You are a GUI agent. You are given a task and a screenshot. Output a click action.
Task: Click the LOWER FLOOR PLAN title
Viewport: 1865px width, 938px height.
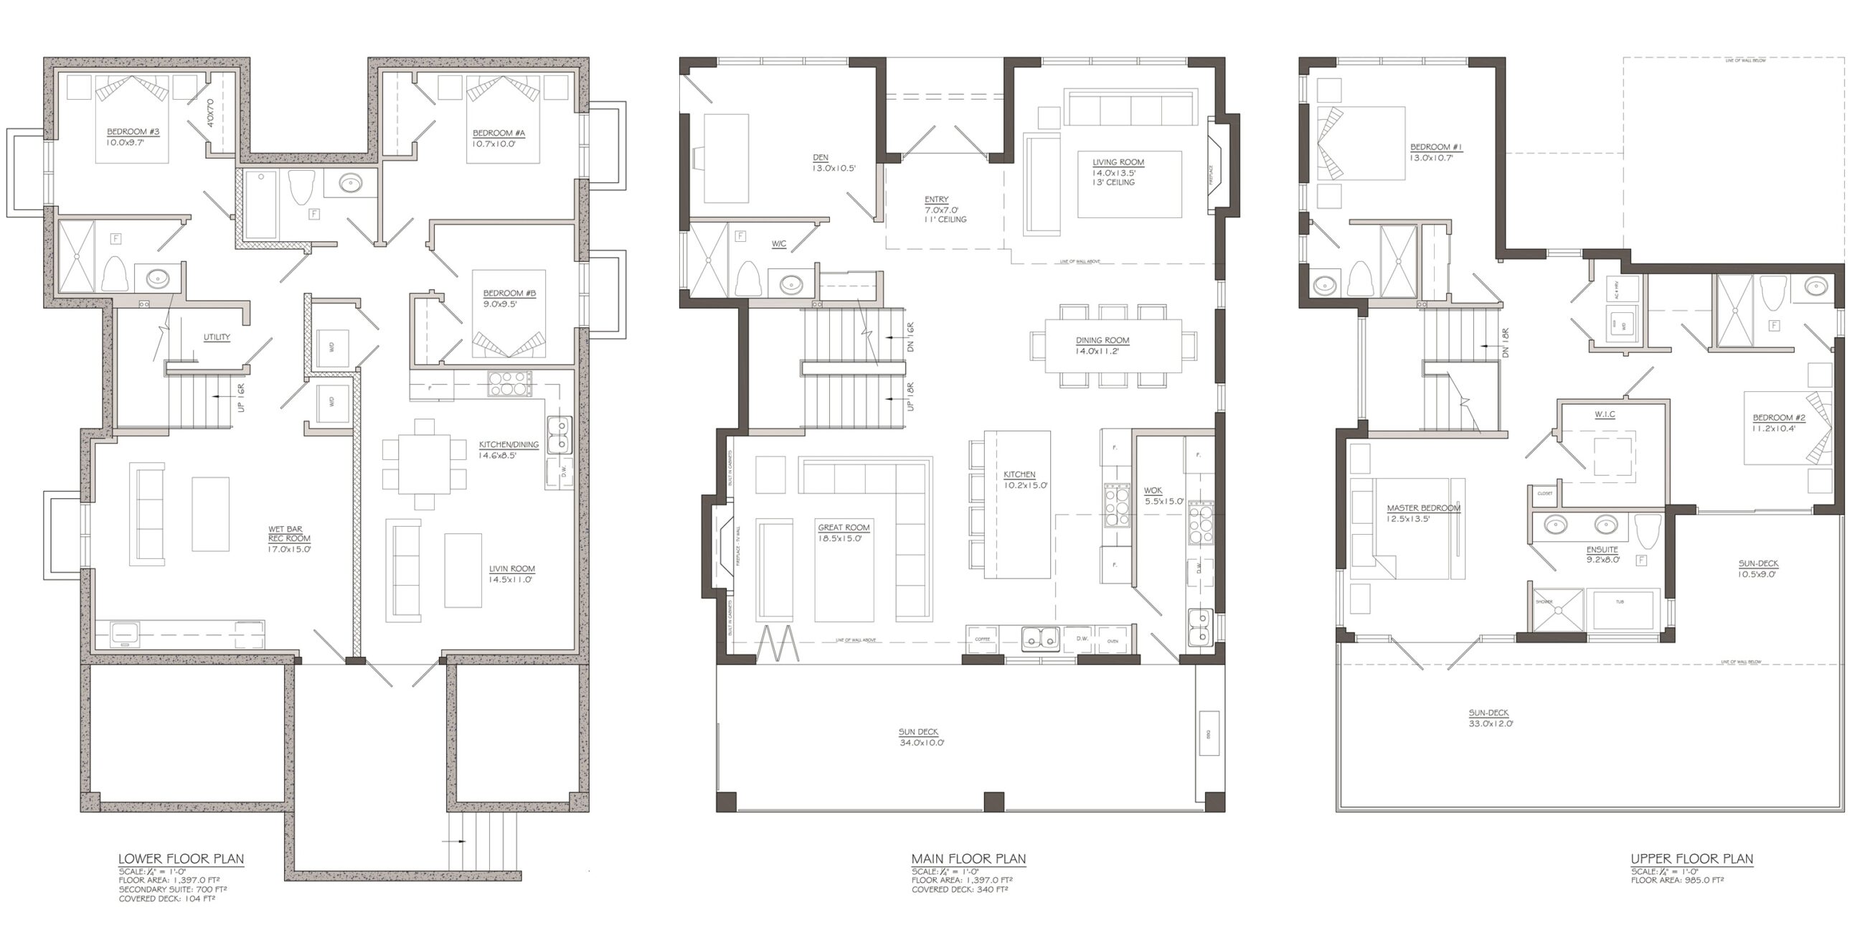click(x=181, y=859)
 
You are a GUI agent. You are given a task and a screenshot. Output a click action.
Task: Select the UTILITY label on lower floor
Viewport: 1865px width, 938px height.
click(x=217, y=337)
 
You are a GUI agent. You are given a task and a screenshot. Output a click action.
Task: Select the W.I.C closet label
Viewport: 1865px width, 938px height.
click(x=1605, y=414)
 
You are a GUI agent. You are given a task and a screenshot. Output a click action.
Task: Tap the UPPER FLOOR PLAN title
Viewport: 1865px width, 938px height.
click(x=1691, y=859)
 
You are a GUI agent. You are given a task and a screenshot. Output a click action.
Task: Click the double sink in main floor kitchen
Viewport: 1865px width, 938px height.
click(x=1040, y=639)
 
